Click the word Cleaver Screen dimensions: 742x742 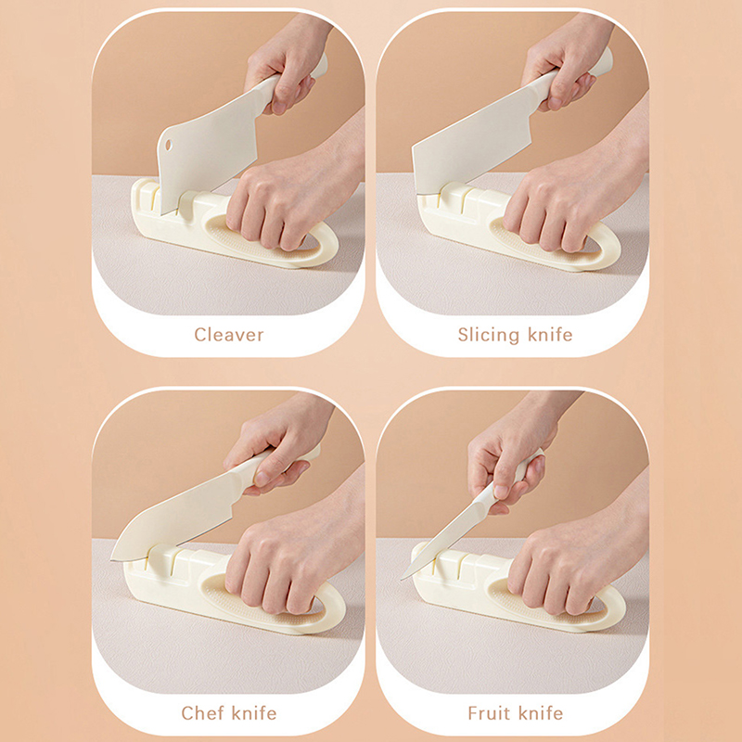tap(228, 335)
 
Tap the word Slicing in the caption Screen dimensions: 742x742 tap(489, 336)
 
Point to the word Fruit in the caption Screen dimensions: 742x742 tap(490, 712)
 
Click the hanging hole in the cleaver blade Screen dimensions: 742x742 tap(169, 145)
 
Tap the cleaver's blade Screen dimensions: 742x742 tap(208, 156)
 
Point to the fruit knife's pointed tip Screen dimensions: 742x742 tap(403, 578)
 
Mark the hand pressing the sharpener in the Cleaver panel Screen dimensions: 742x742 tap(288, 198)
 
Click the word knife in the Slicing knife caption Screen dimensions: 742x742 tap(550, 335)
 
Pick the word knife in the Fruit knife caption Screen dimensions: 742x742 tap(541, 712)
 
